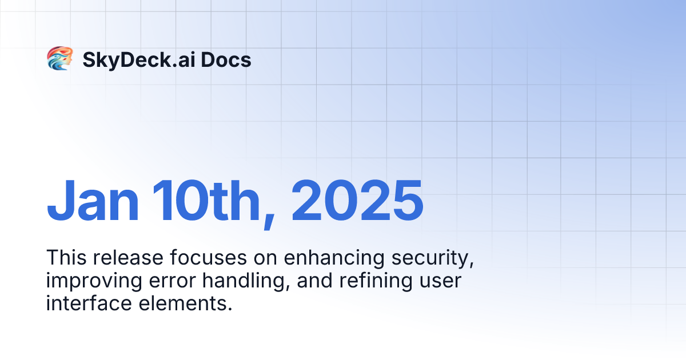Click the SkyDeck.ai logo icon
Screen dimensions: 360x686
point(59,59)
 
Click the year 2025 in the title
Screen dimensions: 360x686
point(357,201)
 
